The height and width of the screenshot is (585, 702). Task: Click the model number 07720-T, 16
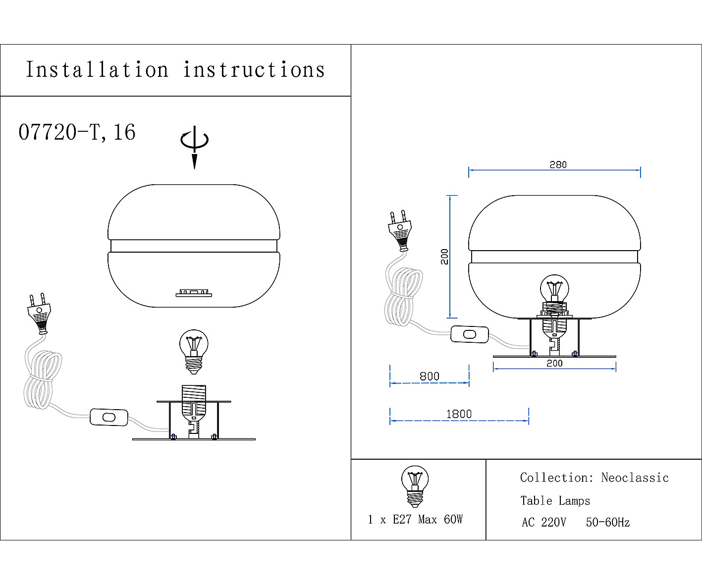pyautogui.click(x=77, y=132)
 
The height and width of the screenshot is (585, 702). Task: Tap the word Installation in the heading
pyautogui.click(x=97, y=69)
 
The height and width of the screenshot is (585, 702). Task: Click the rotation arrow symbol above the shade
pyautogui.click(x=194, y=147)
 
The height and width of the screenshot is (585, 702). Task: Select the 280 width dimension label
pyautogui.click(x=558, y=165)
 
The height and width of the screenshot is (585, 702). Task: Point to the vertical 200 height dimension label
pyautogui.click(x=444, y=257)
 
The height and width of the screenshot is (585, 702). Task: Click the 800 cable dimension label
pyautogui.click(x=430, y=376)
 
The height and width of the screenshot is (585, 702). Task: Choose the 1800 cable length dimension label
pyautogui.click(x=459, y=414)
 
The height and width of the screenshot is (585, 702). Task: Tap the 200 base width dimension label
pyautogui.click(x=554, y=363)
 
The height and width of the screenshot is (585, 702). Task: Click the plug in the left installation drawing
pyautogui.click(x=39, y=314)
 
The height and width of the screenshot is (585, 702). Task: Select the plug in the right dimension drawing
pyautogui.click(x=400, y=231)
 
